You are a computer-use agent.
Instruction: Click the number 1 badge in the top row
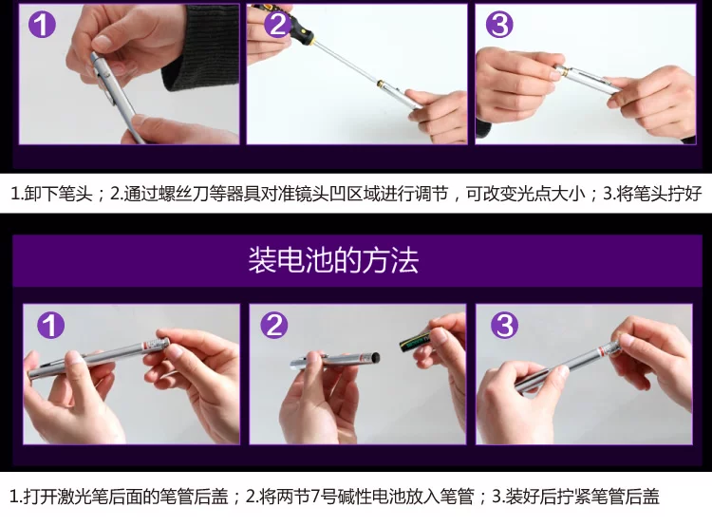tap(42, 24)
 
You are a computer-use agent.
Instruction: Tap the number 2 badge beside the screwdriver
tap(276, 23)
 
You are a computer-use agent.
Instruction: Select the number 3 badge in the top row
tap(499, 24)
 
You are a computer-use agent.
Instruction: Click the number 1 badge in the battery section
tap(50, 325)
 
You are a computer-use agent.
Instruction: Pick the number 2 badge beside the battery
tap(273, 325)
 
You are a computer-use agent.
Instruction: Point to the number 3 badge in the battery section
tap(504, 325)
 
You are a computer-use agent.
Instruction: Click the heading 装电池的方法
tap(333, 260)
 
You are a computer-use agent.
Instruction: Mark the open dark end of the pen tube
tap(376, 358)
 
